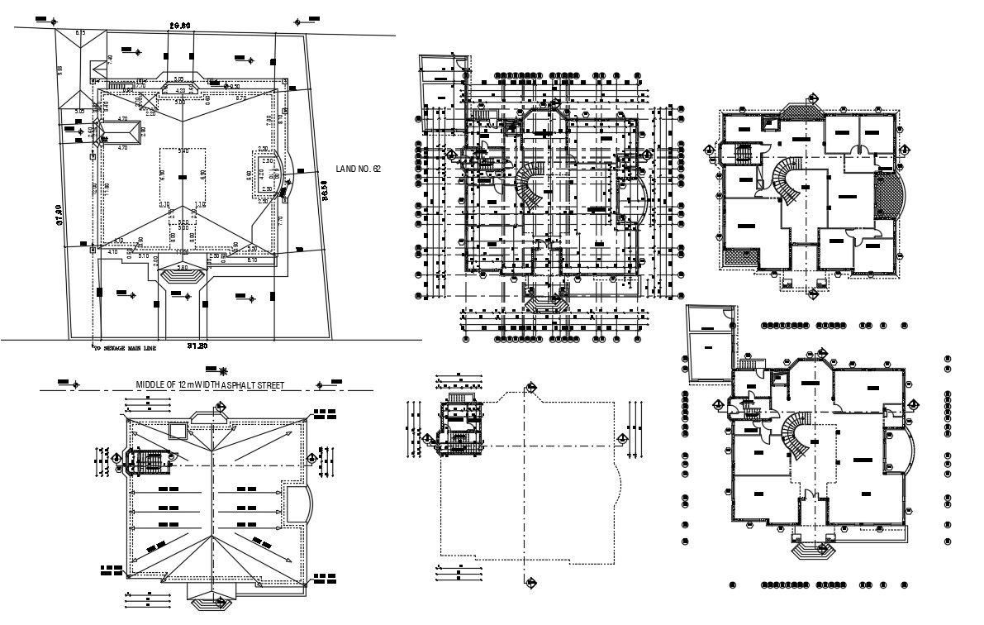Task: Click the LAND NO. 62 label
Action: pos(358,169)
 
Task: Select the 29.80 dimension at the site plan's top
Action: pos(180,26)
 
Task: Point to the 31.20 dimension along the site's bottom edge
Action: pos(196,345)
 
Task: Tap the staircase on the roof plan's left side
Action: pos(147,462)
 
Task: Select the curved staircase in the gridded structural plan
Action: pos(532,188)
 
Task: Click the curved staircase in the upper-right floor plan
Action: pos(785,179)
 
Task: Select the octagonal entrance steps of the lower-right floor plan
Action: pos(810,549)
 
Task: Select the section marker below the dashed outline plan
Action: pos(530,582)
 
